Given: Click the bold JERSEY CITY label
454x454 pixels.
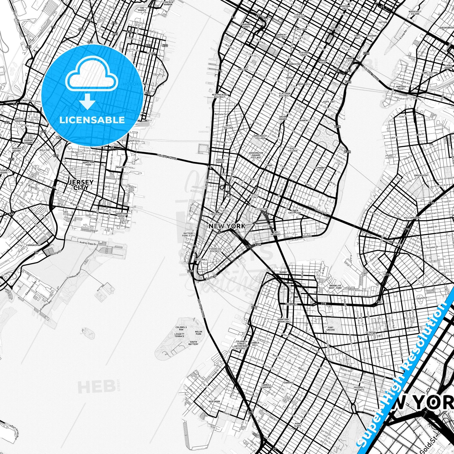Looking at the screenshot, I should coord(81,185).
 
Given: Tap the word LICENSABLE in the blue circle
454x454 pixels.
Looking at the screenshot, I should coord(92,120).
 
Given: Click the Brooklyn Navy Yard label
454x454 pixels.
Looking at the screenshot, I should coord(335,287).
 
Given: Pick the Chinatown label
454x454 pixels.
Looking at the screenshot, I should coord(261,209).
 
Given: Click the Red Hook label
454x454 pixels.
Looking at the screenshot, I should coord(215,402).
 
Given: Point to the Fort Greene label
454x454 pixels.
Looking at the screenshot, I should coord(330,329).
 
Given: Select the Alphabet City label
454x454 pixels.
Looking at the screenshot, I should coord(320,169).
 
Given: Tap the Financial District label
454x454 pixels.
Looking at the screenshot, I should coord(215,250).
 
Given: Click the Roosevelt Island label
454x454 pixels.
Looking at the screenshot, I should coord(415,13).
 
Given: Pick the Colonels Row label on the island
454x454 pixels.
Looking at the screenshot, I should coord(181,328).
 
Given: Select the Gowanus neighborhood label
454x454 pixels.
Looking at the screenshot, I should coord(288,383).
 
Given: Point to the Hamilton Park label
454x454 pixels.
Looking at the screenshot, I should coord(88,163).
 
